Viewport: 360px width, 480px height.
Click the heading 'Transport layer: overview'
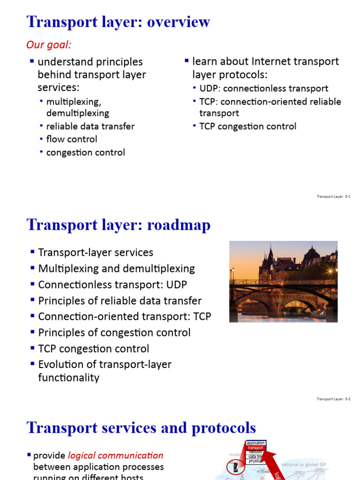tap(118, 22)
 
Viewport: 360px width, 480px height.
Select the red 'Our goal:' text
tap(49, 45)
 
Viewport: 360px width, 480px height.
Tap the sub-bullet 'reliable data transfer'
tap(90, 126)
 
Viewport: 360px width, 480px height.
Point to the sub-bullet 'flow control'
tap(72, 139)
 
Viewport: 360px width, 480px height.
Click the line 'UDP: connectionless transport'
tap(263, 89)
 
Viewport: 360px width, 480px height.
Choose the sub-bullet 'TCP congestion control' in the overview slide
tap(247, 126)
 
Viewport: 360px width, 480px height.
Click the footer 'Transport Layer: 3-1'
tap(333, 196)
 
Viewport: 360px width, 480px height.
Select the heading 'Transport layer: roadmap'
tap(119, 225)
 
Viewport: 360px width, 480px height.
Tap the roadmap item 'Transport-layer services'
tap(96, 253)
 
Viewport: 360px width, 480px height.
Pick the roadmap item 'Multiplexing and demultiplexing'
tap(116, 269)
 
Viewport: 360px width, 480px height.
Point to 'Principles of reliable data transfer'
tap(120, 300)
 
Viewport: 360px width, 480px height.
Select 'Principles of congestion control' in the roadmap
tap(114, 333)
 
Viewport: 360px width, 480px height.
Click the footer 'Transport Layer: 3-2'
tap(333, 399)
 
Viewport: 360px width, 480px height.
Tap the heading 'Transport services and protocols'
tap(141, 427)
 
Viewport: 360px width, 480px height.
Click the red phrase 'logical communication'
tap(116, 455)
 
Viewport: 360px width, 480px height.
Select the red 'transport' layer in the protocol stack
tap(255, 448)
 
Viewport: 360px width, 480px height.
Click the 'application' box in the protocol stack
tap(255, 443)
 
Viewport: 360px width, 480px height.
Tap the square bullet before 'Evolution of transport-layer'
tap(32, 364)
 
